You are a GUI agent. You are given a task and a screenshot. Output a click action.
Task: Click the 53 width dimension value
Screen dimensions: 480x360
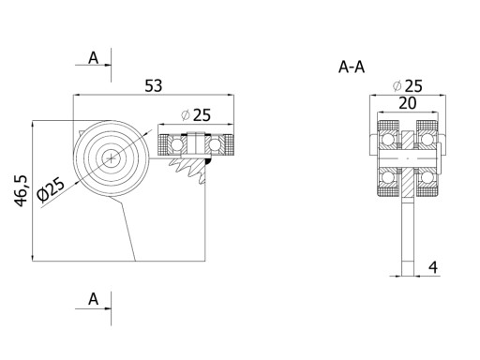pos(154,86)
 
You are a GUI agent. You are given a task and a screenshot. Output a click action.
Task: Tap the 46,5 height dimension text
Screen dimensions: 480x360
pos(22,191)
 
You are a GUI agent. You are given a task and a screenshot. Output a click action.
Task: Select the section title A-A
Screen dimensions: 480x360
pos(352,67)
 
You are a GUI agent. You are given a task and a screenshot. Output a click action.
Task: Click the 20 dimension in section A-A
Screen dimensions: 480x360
pos(408,103)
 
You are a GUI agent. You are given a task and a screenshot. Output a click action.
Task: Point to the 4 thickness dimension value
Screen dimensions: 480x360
pos(433,267)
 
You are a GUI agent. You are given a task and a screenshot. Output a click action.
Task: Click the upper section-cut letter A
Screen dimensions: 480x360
pos(93,58)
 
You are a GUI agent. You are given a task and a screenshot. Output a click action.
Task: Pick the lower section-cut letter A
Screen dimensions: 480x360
pos(93,299)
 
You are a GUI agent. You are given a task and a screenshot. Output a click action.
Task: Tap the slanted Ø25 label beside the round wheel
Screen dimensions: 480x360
pos(51,189)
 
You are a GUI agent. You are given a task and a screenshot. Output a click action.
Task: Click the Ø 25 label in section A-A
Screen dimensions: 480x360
pos(408,86)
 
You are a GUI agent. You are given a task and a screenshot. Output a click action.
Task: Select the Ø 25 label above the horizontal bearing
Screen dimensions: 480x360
pos(196,115)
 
